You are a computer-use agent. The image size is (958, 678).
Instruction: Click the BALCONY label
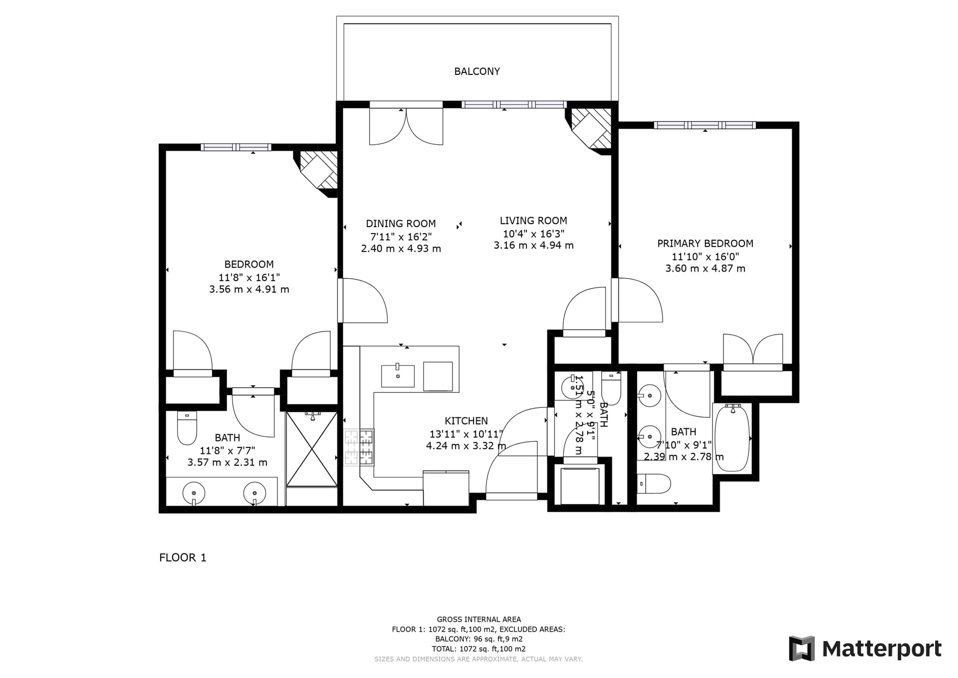pos(477,71)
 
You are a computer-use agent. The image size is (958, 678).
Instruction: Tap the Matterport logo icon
pos(801,649)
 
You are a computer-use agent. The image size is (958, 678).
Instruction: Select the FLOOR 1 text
pos(183,558)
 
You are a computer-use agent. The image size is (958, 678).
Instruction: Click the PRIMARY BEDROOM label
pos(705,244)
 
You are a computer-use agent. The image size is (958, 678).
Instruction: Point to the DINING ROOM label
pos(401,224)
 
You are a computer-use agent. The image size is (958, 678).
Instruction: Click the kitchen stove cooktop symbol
pos(359,448)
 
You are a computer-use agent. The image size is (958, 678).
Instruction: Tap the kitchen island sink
pos(398,376)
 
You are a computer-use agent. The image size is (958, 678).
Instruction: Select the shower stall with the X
pos(312,449)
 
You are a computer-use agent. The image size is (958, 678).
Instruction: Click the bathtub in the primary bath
pos(731,438)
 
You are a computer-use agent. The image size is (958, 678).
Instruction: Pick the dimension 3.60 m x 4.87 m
pos(705,269)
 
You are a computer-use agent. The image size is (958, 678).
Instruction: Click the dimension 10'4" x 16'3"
pos(533,234)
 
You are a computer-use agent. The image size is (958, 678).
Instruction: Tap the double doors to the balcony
pos(406,126)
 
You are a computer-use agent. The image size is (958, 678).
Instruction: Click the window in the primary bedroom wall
pos(705,125)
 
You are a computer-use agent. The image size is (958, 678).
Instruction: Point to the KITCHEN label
pos(466,421)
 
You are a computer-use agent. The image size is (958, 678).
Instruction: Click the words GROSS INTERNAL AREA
pos(479,620)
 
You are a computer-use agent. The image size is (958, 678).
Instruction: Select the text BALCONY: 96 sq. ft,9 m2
pos(479,639)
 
